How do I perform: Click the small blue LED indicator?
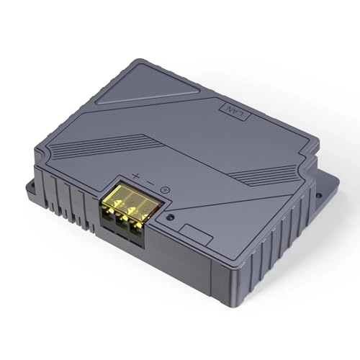tap(169, 217)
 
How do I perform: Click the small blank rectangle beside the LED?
tap(191, 230)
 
